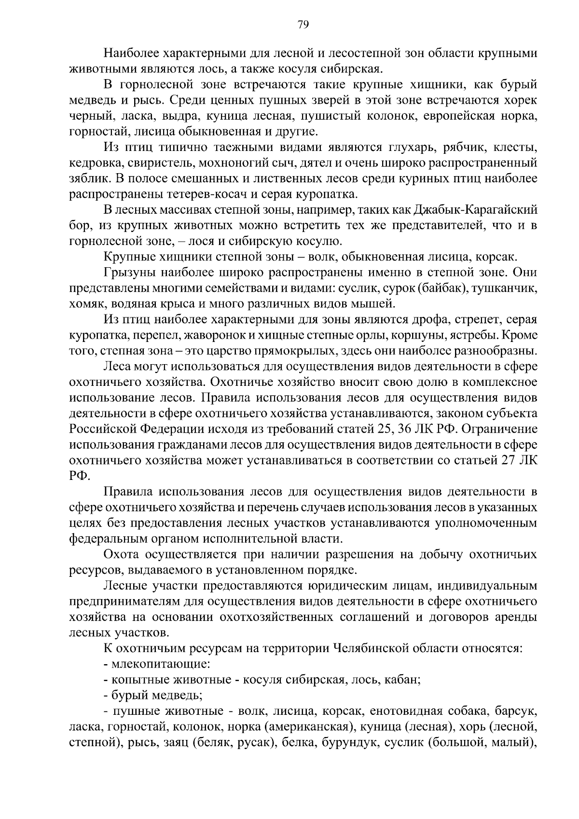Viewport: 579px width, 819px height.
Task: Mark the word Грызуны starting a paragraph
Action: (126, 273)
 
